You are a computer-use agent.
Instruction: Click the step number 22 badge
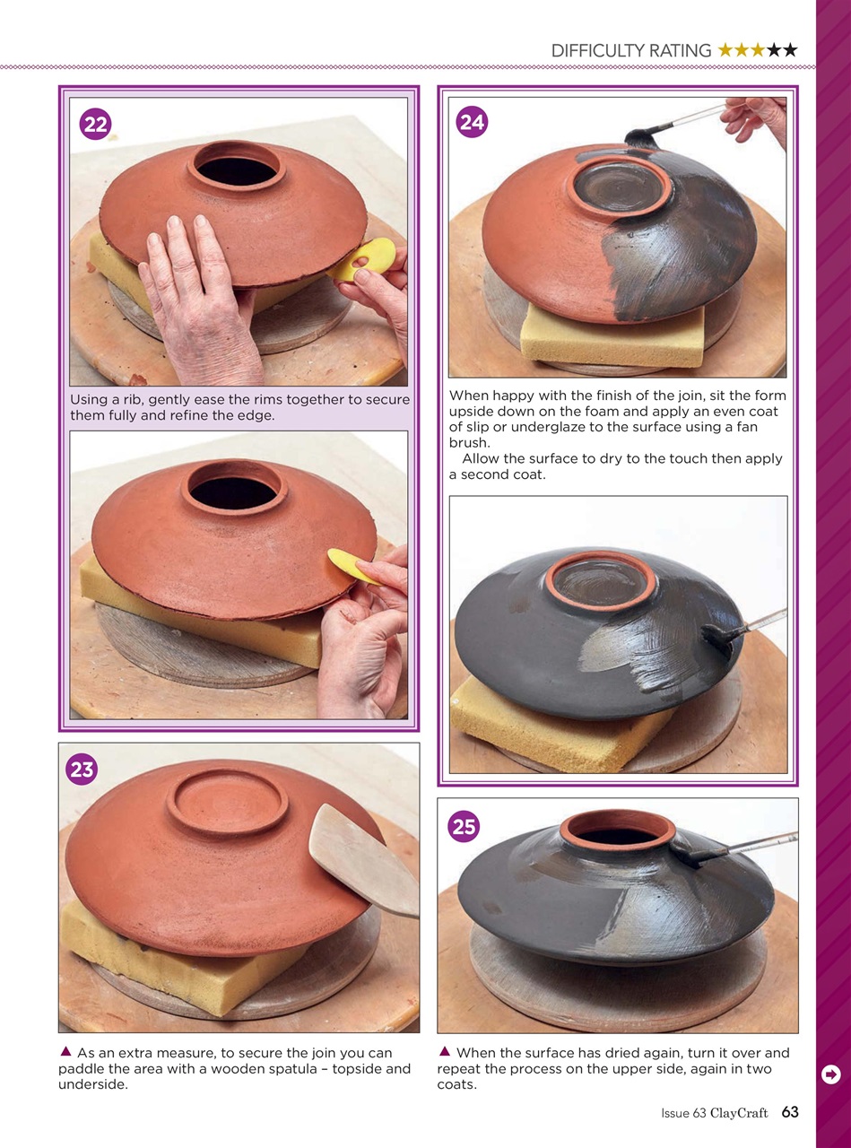(95, 126)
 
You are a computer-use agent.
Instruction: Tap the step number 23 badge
(82, 770)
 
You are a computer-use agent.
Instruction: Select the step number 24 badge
(473, 122)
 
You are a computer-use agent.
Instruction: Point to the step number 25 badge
(465, 826)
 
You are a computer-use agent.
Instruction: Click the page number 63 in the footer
(789, 1112)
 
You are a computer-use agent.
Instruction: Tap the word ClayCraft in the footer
(739, 1113)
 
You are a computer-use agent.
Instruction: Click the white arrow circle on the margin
(830, 1074)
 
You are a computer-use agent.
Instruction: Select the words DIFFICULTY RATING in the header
(631, 51)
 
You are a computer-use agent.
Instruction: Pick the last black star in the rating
(789, 51)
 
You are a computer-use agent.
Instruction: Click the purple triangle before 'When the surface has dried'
(444, 1052)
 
